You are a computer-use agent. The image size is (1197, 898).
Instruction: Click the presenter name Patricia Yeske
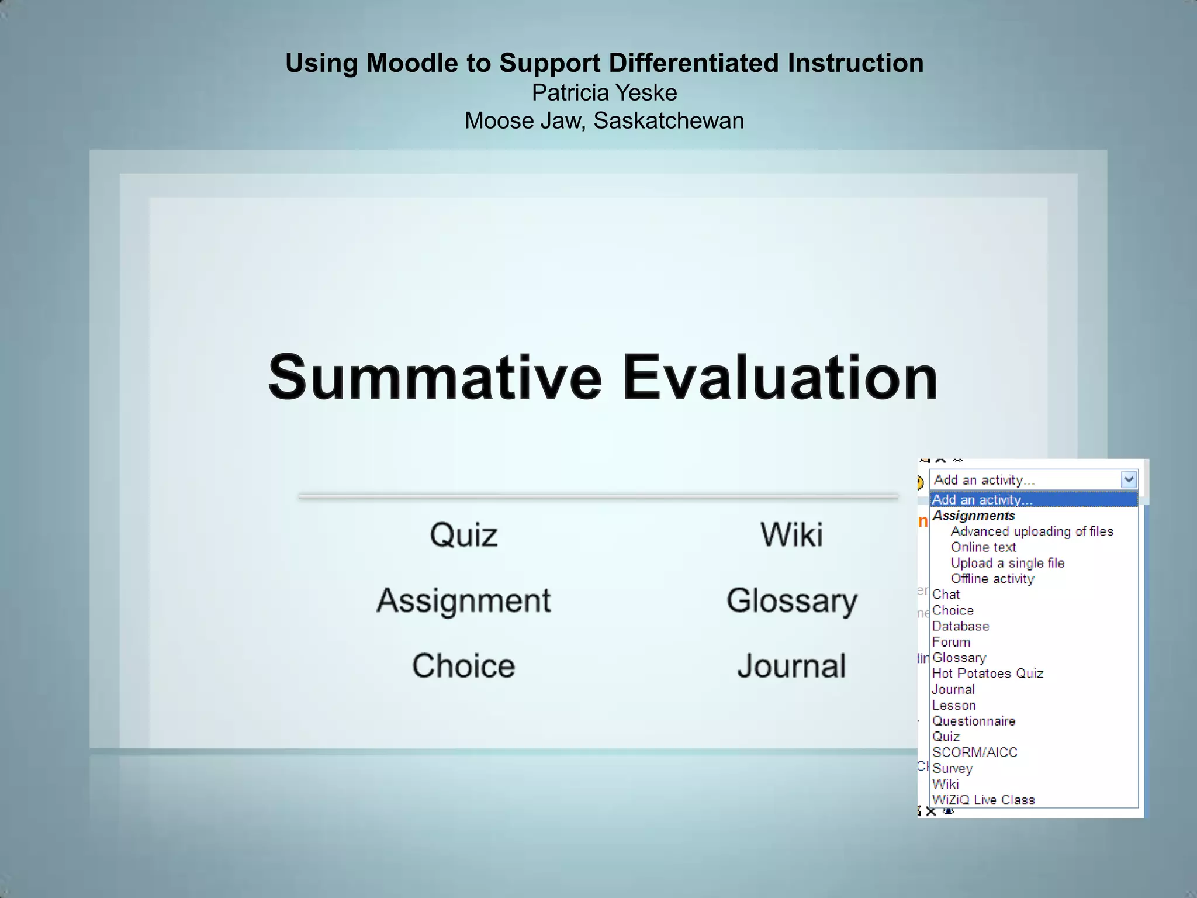604,92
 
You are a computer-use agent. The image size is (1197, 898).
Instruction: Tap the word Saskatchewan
668,121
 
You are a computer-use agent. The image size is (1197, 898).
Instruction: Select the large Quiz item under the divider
463,535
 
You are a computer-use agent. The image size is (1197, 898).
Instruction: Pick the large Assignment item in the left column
463,600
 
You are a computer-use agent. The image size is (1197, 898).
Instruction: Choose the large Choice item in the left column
463,666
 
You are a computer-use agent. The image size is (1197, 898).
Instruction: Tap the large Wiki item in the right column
791,535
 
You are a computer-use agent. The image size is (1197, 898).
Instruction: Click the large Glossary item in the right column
791,600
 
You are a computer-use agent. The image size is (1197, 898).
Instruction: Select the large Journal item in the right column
791,666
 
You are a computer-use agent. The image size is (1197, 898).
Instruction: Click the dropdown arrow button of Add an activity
1129,480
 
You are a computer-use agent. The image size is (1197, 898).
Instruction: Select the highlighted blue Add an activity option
982,500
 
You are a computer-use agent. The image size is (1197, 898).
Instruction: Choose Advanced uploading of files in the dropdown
1032,531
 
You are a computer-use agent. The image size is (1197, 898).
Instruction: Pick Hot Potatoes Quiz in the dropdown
987,673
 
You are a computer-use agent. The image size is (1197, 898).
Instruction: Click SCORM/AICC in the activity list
974,752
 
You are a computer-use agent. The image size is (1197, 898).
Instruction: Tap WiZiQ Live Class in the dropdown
983,800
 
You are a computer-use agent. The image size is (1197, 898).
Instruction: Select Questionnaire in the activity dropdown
973,721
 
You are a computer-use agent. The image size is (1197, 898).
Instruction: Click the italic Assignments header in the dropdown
973,516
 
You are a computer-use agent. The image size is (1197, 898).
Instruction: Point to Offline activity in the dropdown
992,579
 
